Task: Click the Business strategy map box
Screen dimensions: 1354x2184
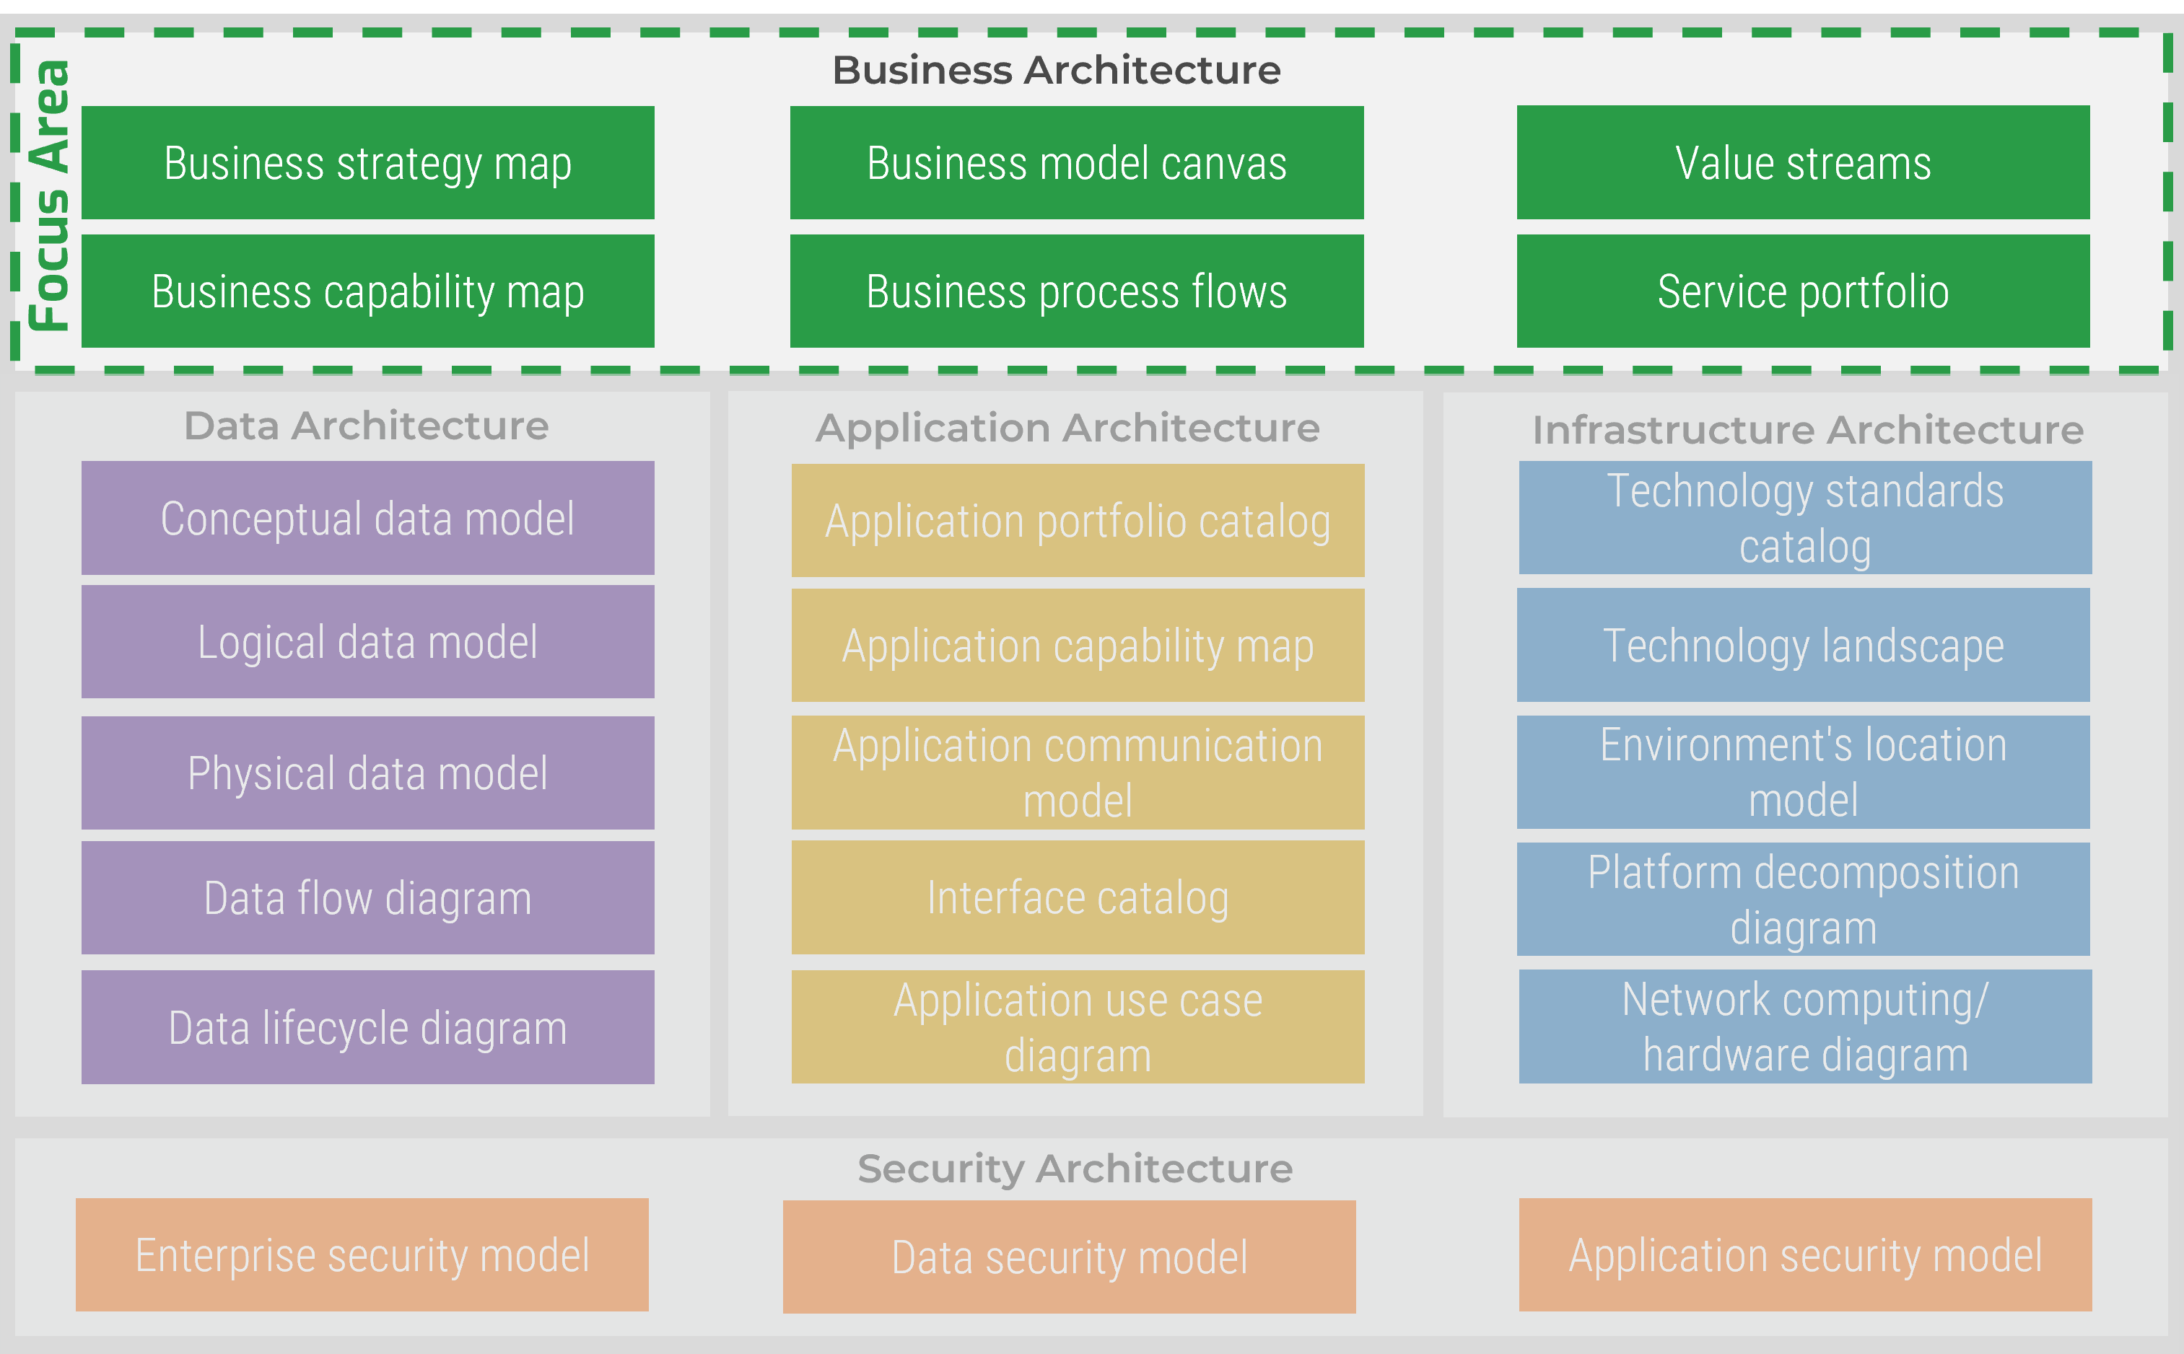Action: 367,163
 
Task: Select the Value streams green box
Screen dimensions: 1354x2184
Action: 1802,163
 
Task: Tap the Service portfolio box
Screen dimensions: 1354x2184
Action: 1802,291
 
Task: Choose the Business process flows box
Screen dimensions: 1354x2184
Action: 1076,291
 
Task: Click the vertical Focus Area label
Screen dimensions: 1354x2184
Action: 49,195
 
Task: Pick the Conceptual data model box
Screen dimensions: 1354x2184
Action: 367,518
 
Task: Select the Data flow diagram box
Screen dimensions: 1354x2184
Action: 367,897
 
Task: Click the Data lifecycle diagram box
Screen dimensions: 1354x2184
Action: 367,1027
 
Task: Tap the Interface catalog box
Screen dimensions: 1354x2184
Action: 1078,897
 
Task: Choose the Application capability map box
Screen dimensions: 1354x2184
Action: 1078,645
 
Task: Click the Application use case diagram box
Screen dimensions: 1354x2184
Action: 1078,1027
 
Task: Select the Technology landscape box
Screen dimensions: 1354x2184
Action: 1802,645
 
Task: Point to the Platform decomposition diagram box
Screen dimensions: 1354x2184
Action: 1802,899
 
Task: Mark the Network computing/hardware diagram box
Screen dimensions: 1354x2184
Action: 1804,1027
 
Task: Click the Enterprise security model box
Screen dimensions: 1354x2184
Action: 362,1254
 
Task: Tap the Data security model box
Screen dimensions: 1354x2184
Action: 1069,1257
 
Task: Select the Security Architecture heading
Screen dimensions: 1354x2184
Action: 1074,1169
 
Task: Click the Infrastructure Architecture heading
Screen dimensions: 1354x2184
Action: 1808,430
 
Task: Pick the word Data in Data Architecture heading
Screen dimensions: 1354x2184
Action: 231,426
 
